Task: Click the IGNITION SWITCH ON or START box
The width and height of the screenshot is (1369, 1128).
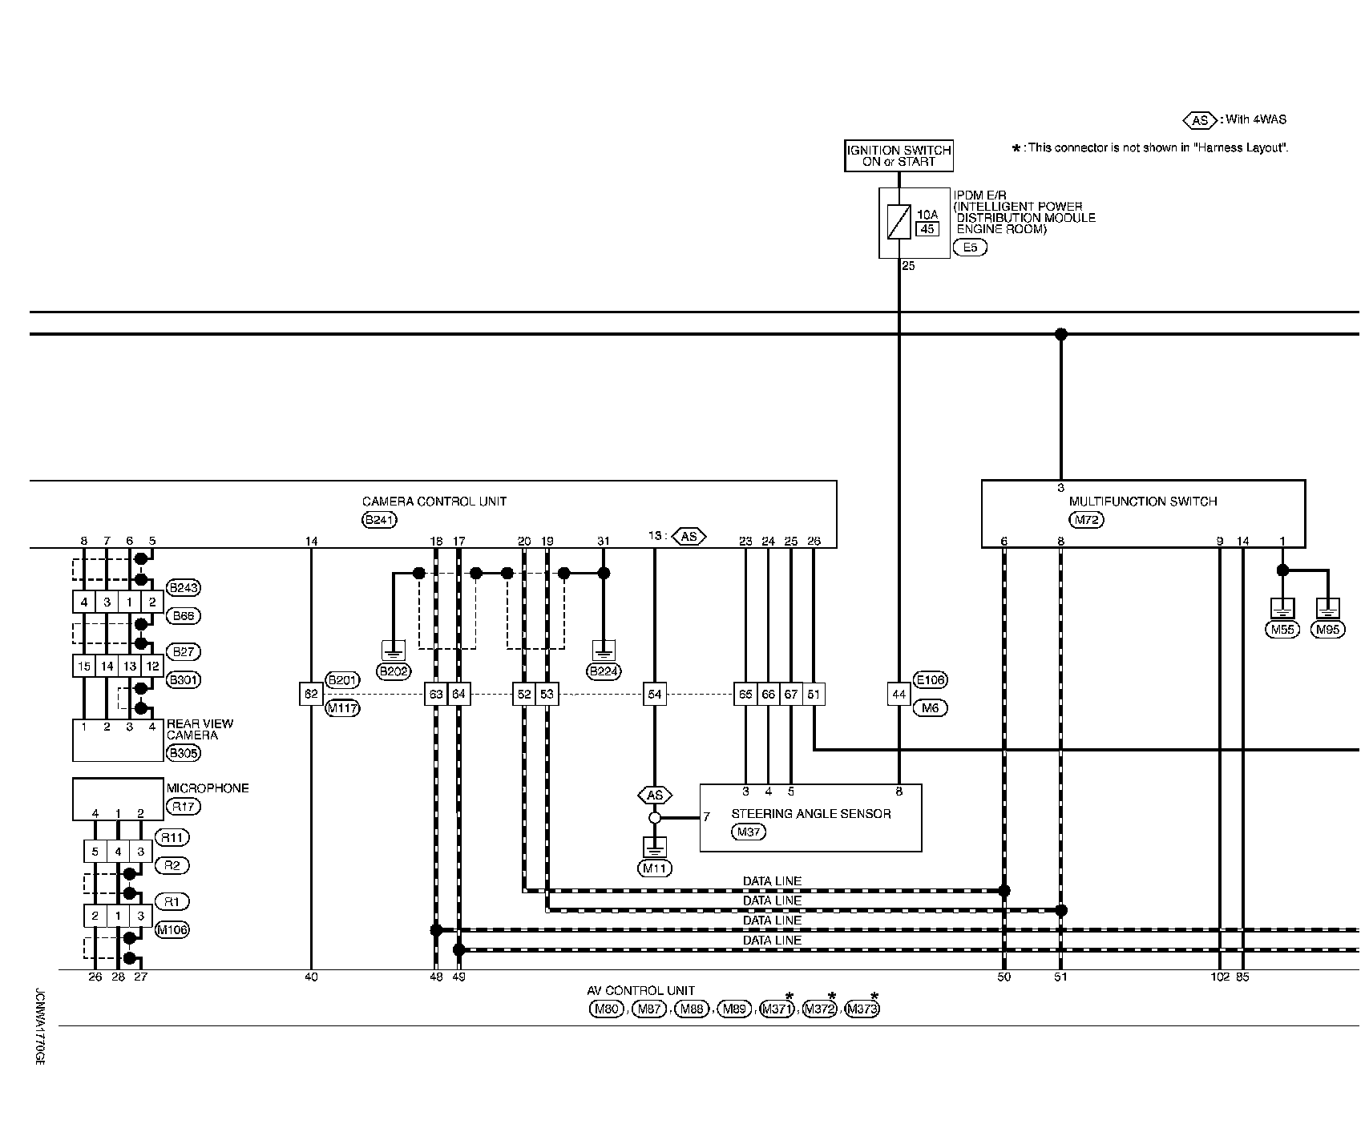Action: coord(899,155)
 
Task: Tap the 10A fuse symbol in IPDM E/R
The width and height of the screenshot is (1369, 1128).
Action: coord(899,222)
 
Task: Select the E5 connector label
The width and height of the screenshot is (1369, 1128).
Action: coord(970,248)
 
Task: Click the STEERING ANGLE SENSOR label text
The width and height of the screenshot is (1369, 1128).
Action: coord(810,814)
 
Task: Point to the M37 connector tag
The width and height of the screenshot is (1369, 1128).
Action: coord(749,832)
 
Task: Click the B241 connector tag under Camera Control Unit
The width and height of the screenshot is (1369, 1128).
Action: coord(380,519)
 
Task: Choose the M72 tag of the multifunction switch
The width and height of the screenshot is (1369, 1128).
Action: coord(1087,519)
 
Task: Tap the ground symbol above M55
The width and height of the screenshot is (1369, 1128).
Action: coord(1282,608)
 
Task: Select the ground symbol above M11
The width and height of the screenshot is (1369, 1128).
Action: coord(655,848)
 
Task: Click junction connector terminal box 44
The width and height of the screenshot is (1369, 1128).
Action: coord(899,695)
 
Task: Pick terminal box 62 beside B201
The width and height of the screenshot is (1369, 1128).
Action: coord(311,695)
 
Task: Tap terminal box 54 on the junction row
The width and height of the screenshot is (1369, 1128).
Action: coord(655,695)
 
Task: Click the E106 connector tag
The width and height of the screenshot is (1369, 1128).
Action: coord(930,680)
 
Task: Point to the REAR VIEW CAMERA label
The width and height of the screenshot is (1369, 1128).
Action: coord(200,729)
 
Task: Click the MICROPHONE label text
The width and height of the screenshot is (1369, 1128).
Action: coord(208,788)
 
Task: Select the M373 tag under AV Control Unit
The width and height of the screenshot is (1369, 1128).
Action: coord(862,1009)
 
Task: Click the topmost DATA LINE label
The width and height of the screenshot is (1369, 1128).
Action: coord(772,881)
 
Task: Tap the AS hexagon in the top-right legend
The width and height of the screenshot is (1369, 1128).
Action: coord(1200,120)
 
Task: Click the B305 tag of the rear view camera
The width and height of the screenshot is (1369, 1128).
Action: coord(183,753)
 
